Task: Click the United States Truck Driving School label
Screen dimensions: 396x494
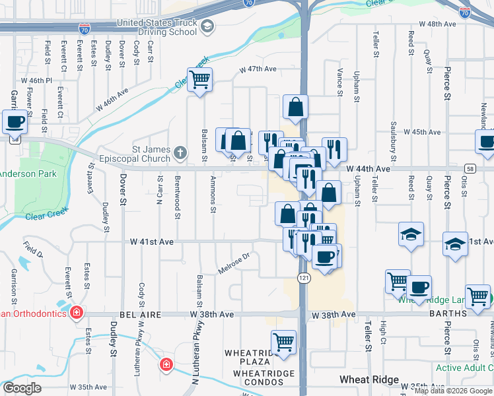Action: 157,27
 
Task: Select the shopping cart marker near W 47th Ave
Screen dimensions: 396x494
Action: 199,80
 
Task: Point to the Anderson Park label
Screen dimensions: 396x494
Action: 28,174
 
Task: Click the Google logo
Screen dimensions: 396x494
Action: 22,388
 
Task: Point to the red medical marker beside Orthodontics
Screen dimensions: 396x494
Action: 77,312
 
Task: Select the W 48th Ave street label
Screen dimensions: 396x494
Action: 433,24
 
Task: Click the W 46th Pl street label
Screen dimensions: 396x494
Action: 36,81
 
